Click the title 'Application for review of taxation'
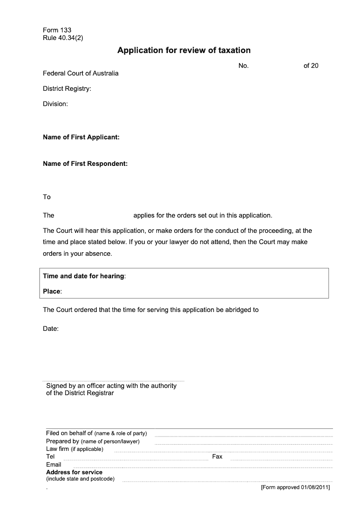[184, 50]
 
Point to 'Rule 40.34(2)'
[63, 38]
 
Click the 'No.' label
[243, 66]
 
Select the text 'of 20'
[311, 66]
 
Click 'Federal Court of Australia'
[81, 73]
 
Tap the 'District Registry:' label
[67, 89]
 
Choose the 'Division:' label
[55, 104]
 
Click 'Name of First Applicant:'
[81, 137]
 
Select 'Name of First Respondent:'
[85, 164]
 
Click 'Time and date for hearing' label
[84, 276]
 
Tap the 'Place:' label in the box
[52, 291]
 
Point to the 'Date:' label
[51, 329]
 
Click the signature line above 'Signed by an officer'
[113, 380]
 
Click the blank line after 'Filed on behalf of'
[243, 436]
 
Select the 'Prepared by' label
[63, 441]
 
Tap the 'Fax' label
[217, 456]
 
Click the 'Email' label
[54, 464]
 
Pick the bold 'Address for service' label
[74, 472]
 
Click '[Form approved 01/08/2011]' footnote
[295, 488]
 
